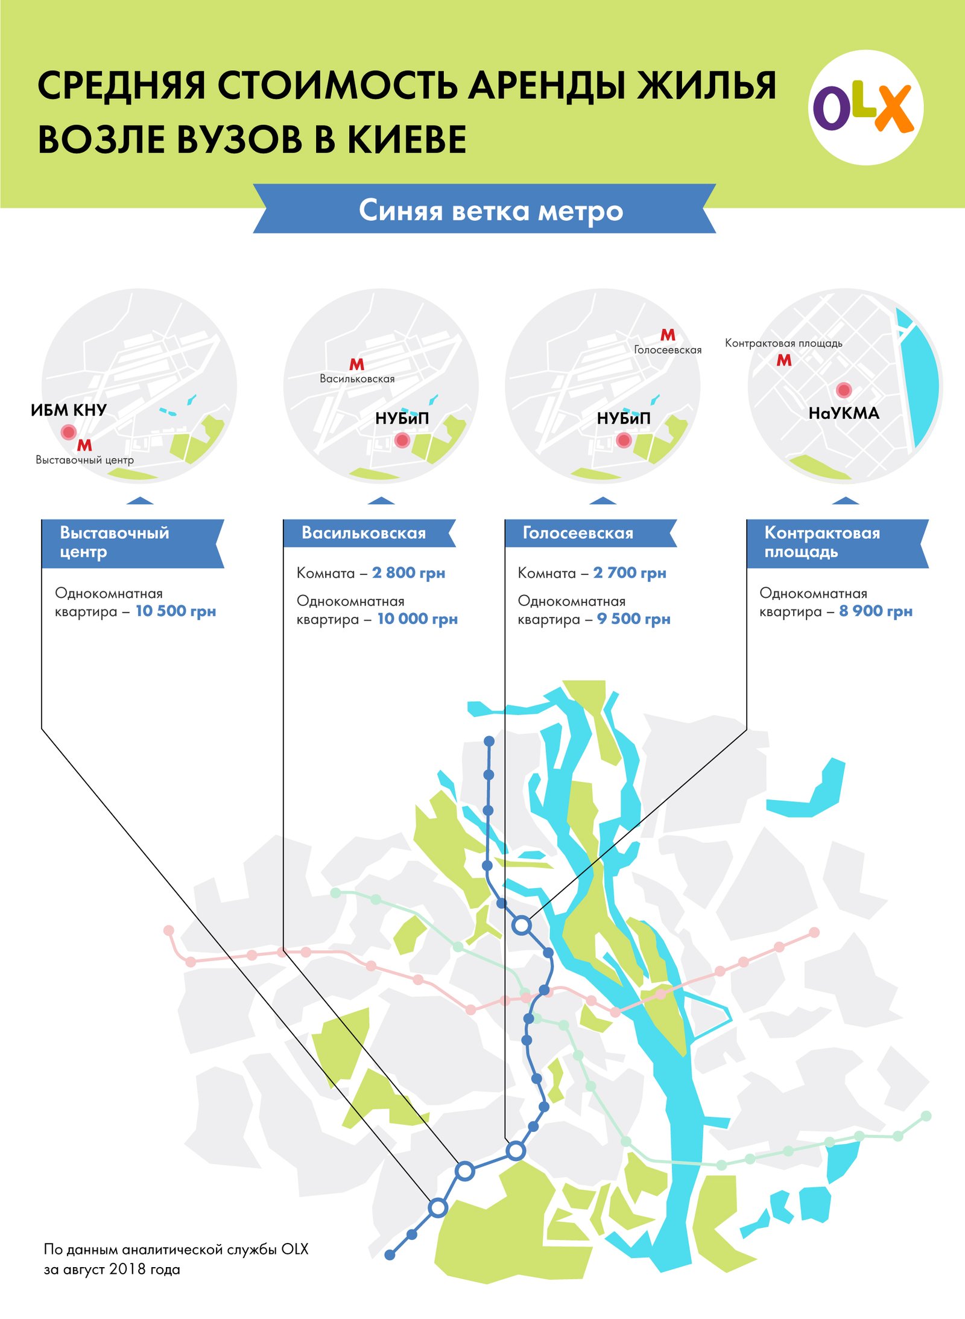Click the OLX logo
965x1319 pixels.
point(865,107)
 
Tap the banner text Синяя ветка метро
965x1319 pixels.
point(490,211)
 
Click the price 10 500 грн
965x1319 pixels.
point(176,611)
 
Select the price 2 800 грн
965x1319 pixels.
point(408,573)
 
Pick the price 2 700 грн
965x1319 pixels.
point(630,573)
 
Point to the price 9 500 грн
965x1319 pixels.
point(633,619)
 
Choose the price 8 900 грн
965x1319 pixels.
point(876,611)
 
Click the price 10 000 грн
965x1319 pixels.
point(417,619)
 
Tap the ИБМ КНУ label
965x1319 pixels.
point(69,410)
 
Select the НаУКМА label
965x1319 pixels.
point(844,413)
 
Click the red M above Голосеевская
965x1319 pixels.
point(668,335)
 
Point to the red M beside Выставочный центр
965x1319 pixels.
point(84,445)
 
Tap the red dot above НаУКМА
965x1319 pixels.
point(844,390)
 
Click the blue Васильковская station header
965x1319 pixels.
point(364,533)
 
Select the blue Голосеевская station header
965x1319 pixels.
point(578,533)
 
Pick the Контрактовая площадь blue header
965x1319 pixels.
point(823,542)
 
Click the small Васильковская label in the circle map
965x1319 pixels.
point(357,379)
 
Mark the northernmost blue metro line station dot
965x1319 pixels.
point(489,741)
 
